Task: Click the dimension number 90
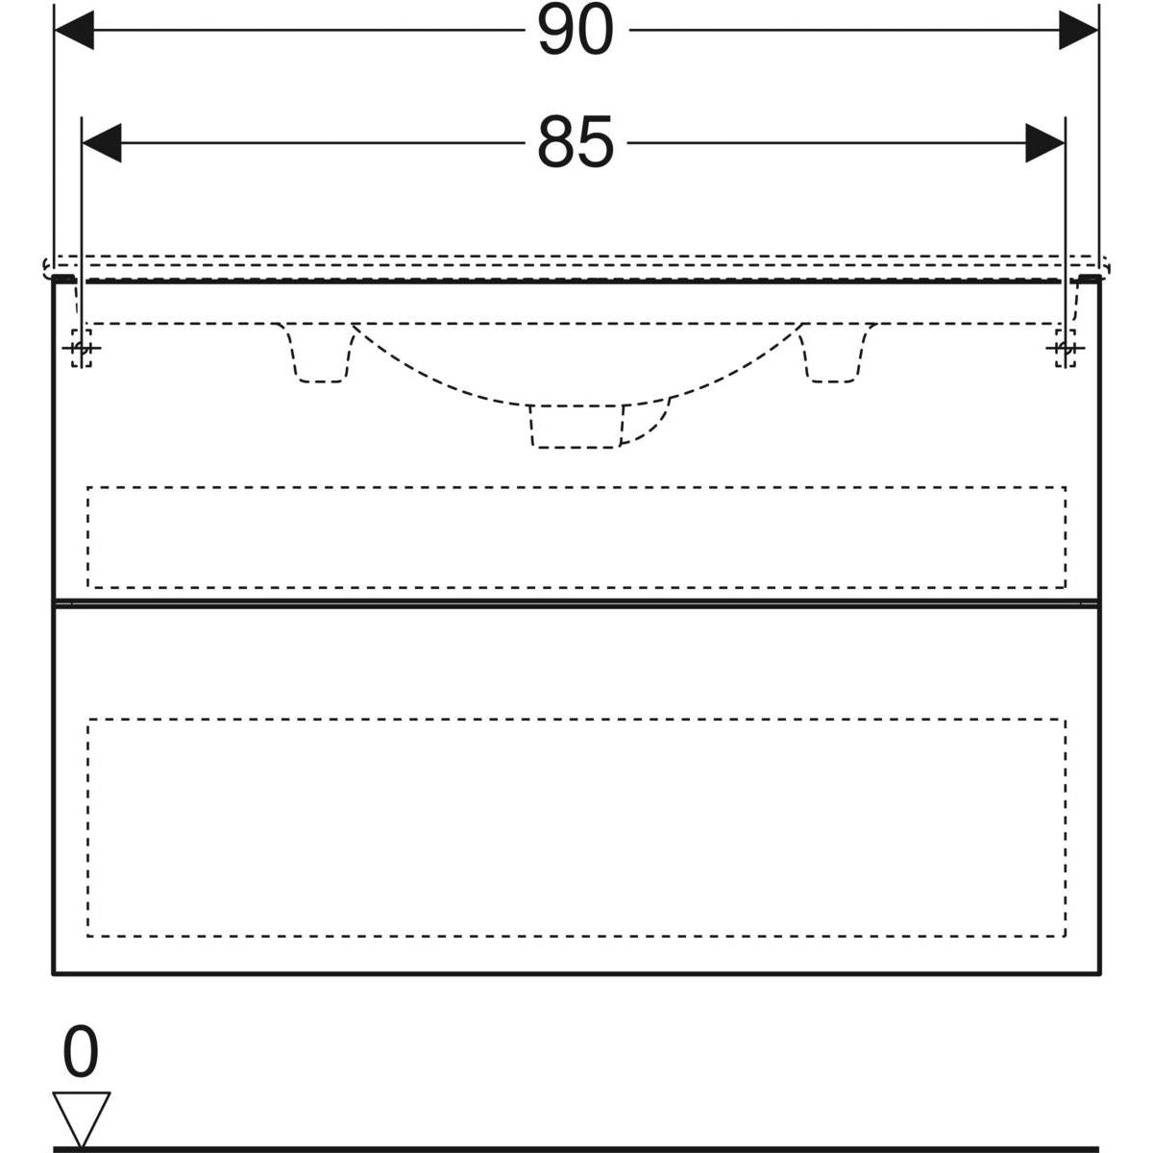pos(575,30)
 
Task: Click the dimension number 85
pos(575,142)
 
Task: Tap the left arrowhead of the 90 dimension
pos(74,30)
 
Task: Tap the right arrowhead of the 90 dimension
pos(1078,30)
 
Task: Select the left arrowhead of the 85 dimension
pos(102,143)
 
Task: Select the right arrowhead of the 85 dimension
pos(1045,143)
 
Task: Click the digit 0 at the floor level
pos(81,1051)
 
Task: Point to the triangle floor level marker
pos(81,1117)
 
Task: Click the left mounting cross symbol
pos(82,348)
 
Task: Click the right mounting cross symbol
pos(1065,348)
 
